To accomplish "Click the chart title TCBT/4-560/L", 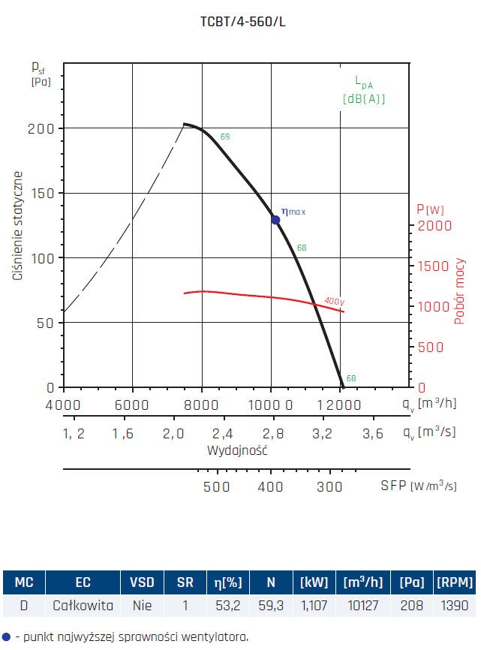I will pyautogui.click(x=243, y=21).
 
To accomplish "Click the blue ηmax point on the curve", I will pyautogui.click(x=275, y=220).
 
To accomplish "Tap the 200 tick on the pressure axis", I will pyautogui.click(x=41, y=128).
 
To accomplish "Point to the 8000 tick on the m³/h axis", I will pyautogui.click(x=201, y=405).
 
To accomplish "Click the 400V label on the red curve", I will pyautogui.click(x=334, y=301).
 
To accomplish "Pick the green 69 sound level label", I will pyautogui.click(x=225, y=137).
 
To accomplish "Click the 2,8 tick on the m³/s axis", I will pyautogui.click(x=272, y=433).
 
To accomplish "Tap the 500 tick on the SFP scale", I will pyautogui.click(x=217, y=486).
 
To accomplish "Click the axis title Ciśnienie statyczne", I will pyautogui.click(x=18, y=226).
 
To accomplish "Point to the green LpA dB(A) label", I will pyautogui.click(x=364, y=90).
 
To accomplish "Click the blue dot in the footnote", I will pyautogui.click(x=7, y=636).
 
